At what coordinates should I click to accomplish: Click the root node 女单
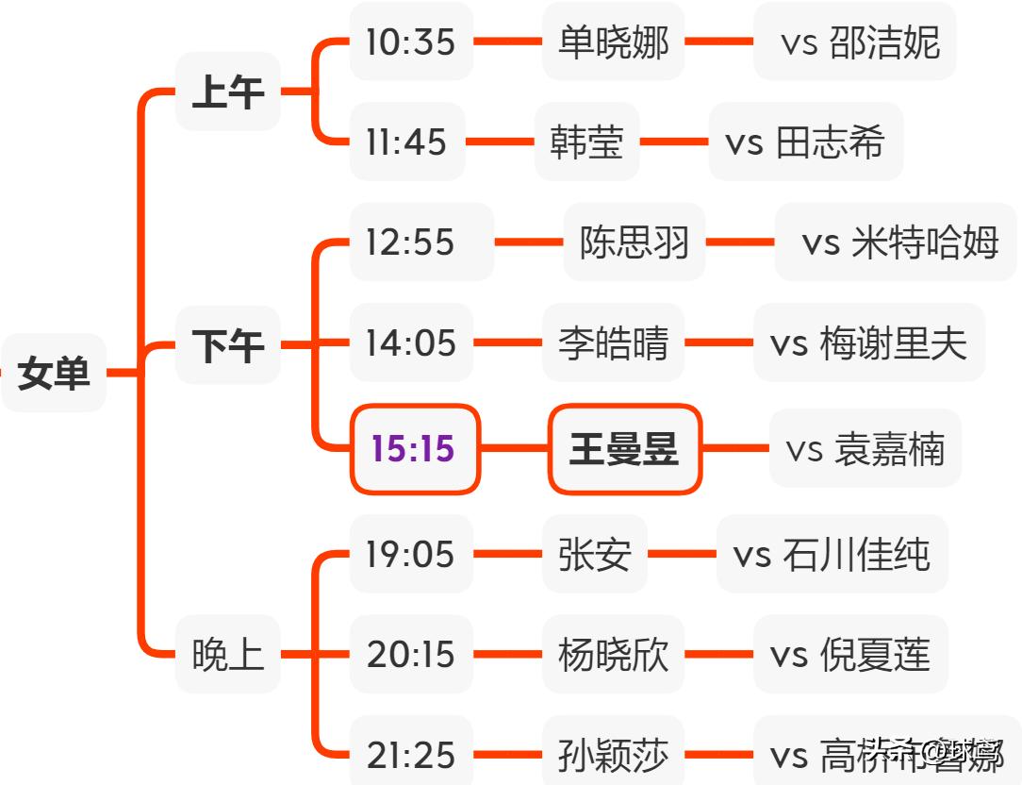54,374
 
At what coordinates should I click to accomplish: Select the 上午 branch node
227,92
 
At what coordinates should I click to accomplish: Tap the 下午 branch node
227,345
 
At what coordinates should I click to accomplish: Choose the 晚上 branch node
227,654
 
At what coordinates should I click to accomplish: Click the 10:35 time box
410,42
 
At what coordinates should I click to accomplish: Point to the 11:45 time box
406,142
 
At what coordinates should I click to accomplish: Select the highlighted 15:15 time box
414,449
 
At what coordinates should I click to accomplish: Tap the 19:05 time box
410,554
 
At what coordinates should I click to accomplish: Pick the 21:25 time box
410,755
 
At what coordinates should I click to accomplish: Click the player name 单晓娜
613,42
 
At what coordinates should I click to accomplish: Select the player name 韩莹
586,142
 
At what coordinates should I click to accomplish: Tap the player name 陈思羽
634,242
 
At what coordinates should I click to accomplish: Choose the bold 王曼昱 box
624,449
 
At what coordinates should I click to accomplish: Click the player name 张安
594,554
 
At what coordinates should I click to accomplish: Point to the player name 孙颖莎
613,755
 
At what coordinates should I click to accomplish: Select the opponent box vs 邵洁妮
854,42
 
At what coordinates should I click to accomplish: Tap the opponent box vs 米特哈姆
896,242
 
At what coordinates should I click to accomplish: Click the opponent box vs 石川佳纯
832,554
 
